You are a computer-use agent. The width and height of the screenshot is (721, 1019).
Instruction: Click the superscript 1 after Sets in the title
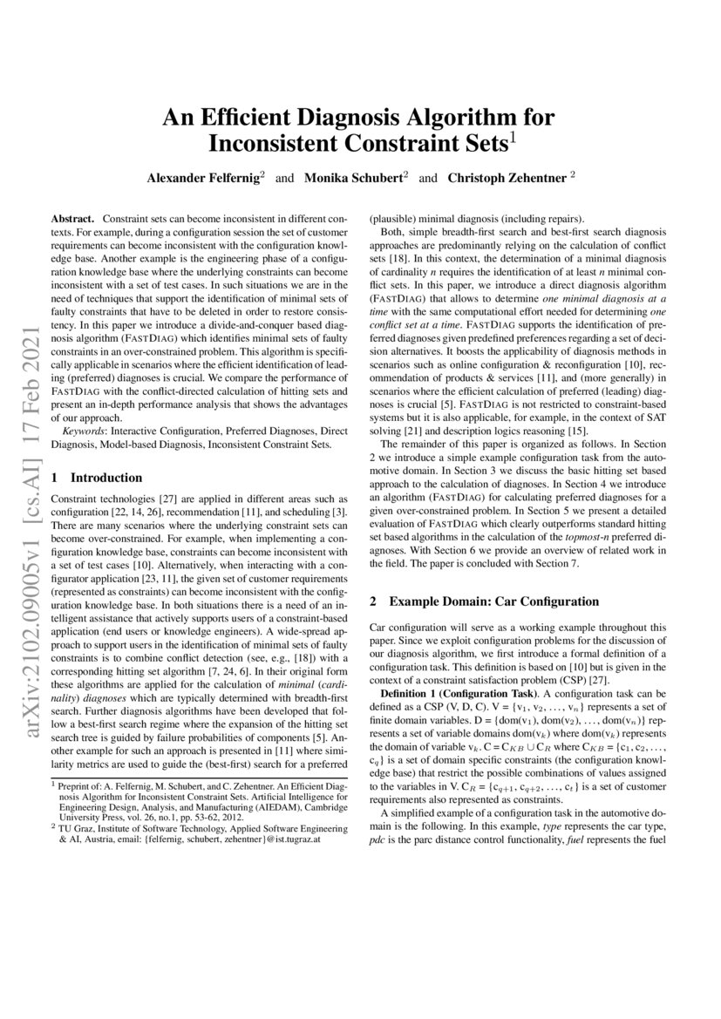[x=514, y=136]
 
